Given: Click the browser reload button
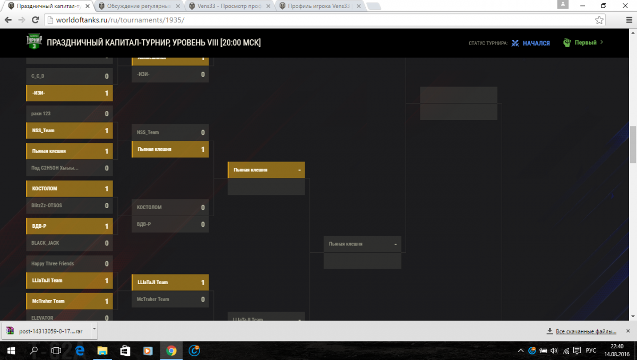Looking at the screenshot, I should [35, 20].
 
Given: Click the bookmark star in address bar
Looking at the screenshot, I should [599, 20].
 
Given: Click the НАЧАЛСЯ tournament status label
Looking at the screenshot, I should [536, 43].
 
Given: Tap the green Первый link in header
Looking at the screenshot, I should [586, 42].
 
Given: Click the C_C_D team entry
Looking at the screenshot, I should [69, 76].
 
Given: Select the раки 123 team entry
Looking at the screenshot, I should [69, 114].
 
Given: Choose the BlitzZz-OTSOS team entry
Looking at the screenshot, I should [69, 205].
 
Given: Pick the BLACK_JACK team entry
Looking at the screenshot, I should [69, 243].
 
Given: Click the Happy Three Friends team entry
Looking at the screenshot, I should [69, 264].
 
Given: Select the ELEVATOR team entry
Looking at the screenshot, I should [69, 318].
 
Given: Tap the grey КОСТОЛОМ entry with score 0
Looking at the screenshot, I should [170, 208].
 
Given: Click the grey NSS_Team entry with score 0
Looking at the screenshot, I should [170, 133].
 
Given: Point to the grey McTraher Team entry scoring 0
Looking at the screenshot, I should [170, 299].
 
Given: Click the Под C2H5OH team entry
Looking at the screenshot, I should [69, 168].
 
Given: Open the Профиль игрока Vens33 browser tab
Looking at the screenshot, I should [318, 6].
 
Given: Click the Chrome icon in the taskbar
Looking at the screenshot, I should [171, 351].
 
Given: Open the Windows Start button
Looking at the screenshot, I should [11, 351].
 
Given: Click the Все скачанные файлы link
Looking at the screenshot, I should [586, 331].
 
